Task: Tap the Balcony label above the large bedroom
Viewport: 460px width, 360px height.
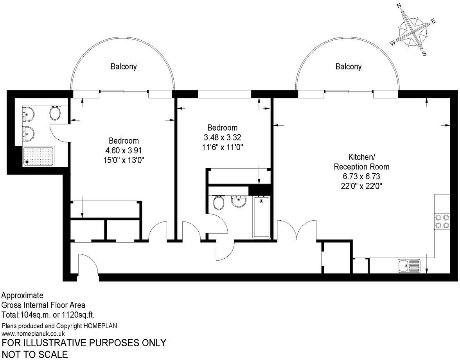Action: (x=124, y=67)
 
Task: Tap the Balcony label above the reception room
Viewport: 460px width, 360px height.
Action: (x=348, y=67)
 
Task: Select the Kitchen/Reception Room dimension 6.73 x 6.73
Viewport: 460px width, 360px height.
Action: (x=361, y=176)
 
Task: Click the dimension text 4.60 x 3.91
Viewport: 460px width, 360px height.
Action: (x=124, y=150)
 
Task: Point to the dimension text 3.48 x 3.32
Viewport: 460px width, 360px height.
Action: (x=222, y=137)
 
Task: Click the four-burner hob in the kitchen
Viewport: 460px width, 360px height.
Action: (x=442, y=221)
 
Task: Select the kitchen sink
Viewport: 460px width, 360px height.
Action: (x=408, y=266)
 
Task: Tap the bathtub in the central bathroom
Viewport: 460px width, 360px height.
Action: (x=261, y=217)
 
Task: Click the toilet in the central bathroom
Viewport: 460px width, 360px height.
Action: (x=218, y=202)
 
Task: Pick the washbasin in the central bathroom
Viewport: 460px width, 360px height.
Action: (x=238, y=201)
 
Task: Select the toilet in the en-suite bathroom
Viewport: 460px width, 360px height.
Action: (x=55, y=113)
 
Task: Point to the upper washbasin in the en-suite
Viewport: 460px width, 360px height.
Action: (x=29, y=114)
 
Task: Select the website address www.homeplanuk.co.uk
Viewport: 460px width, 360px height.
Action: (x=33, y=333)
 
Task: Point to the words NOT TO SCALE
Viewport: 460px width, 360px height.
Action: (x=34, y=354)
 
